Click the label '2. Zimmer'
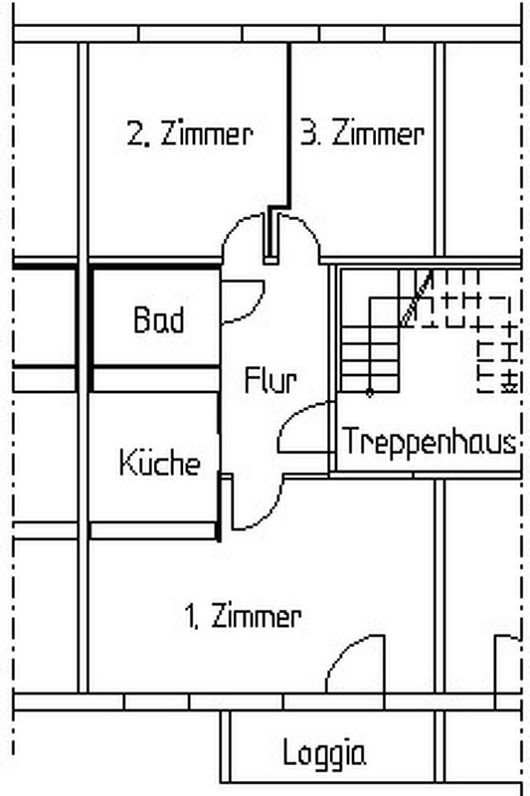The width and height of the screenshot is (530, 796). [x=190, y=134]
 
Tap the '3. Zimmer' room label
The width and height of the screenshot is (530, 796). [x=362, y=134]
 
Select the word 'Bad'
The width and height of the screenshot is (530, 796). [x=159, y=319]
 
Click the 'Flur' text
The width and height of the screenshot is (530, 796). [x=270, y=380]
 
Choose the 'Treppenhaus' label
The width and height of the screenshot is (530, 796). [x=430, y=441]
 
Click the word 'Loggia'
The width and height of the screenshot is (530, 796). [x=324, y=753]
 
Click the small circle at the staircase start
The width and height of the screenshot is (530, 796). [x=370, y=392]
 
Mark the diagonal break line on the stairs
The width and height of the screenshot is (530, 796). [x=417, y=298]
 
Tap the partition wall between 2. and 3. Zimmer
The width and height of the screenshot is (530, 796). [x=289, y=127]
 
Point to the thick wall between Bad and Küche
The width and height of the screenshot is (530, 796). [x=156, y=365]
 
